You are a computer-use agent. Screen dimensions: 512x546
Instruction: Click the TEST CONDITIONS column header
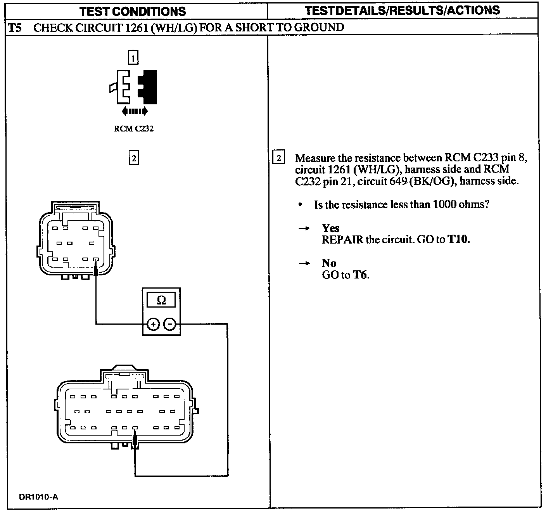133,11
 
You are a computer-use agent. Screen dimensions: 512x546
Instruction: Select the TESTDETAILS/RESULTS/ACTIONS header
402,10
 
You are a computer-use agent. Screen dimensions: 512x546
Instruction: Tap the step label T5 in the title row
15,28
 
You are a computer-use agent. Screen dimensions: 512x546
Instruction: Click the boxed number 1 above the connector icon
133,58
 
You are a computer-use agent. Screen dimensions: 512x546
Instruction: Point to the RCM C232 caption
133,129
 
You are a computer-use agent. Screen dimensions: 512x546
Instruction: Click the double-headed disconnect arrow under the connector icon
134,111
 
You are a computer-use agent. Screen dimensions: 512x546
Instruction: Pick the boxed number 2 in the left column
133,158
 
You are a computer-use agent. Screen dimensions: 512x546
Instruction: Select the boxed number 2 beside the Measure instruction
279,158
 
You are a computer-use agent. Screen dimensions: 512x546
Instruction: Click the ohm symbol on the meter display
161,300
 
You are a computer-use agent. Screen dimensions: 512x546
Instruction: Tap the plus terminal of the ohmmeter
153,324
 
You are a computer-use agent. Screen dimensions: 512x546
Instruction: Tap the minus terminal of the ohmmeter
170,324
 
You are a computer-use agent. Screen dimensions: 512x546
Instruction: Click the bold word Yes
330,228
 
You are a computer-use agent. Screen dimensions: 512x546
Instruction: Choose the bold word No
329,263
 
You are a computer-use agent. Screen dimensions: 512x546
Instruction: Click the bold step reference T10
458,239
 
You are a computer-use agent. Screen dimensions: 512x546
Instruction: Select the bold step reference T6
360,275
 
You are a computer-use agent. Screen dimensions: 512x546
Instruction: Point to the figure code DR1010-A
38,497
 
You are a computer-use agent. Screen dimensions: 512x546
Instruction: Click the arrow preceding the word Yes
304,229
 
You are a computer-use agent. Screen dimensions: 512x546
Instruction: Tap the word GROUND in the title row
320,28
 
